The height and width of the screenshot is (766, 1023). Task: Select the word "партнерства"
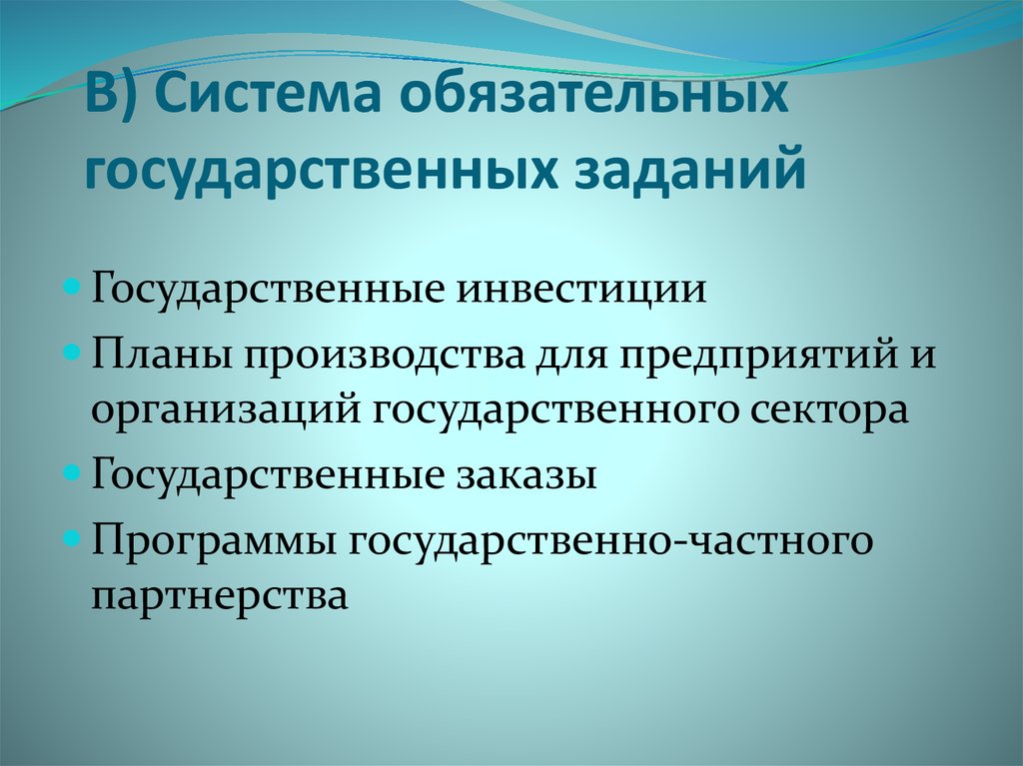(x=220, y=596)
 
